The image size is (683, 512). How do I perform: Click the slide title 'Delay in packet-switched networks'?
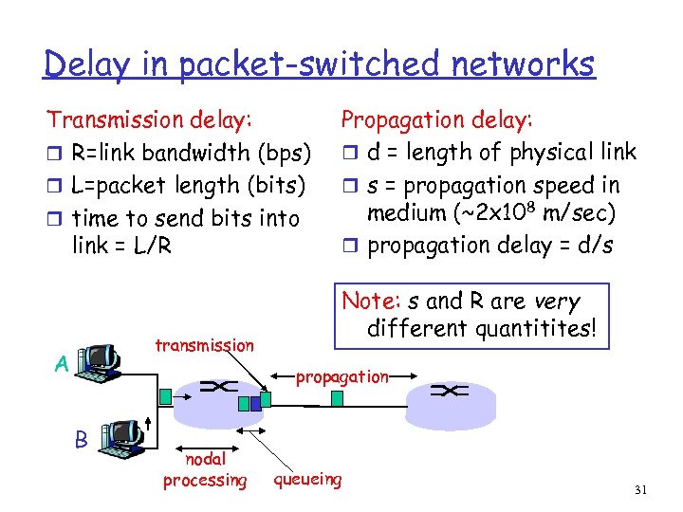click(320, 64)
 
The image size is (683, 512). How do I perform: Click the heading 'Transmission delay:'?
click(150, 119)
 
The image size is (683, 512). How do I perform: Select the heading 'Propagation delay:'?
click(436, 119)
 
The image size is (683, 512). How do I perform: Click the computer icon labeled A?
click(101, 361)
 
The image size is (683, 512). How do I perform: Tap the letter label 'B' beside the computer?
click(82, 438)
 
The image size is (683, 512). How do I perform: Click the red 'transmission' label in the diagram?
click(204, 345)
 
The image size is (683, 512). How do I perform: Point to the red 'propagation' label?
click(341, 376)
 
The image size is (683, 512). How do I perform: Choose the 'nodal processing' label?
click(204, 470)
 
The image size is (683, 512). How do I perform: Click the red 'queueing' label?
click(307, 479)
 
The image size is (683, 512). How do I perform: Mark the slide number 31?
click(639, 489)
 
